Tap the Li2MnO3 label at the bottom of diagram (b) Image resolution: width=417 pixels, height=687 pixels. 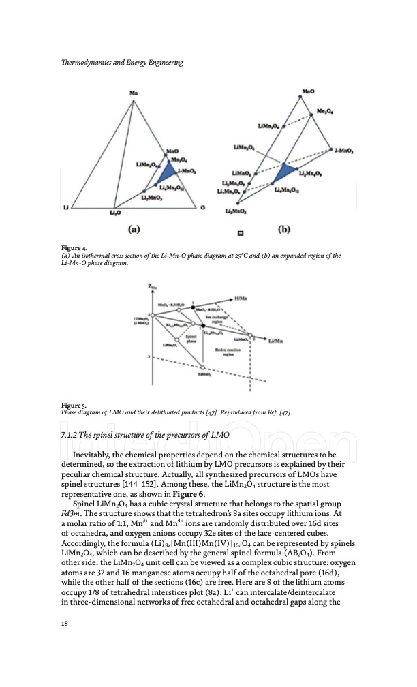click(236, 213)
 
